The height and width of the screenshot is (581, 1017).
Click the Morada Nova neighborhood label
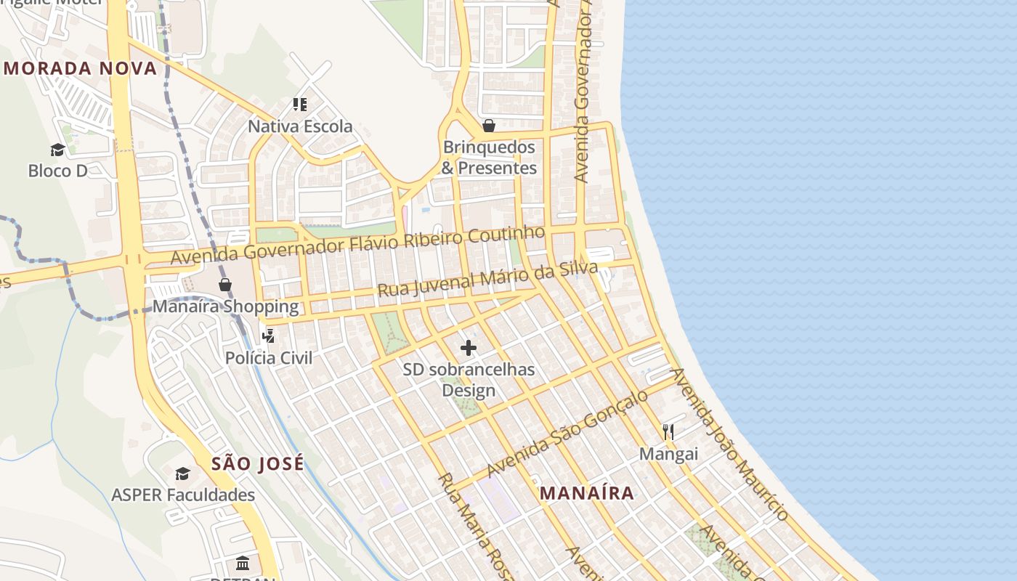80,69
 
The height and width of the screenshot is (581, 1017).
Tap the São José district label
258,464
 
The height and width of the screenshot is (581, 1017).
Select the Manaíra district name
587,493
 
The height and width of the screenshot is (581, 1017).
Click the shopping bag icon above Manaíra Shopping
225,285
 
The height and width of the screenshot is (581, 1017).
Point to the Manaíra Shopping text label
225,306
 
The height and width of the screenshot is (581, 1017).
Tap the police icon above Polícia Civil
269,336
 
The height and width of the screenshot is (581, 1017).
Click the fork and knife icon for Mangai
668,432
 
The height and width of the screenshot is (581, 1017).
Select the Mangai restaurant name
668,455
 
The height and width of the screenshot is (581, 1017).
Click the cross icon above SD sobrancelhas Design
469,348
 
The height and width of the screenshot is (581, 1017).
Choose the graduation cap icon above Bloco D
57,150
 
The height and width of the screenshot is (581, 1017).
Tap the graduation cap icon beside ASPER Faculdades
182,474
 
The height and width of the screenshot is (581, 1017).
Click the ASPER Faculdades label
183,495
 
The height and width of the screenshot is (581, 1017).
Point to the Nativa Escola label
300,126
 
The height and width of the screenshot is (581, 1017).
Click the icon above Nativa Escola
300,105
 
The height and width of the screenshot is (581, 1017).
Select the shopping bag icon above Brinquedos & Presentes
489,126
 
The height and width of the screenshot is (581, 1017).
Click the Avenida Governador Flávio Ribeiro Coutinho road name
357,245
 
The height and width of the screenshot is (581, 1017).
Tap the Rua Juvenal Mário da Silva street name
487,280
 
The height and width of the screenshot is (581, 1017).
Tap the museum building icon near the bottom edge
243,563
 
